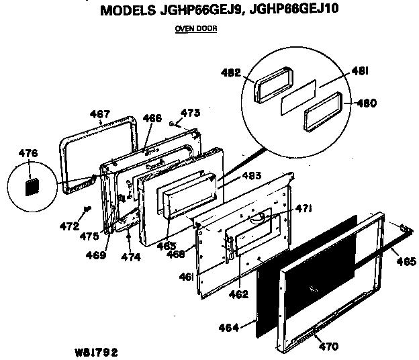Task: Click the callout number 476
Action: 28,153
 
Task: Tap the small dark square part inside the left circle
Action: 32,187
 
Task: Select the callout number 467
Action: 99,114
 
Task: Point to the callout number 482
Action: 231,73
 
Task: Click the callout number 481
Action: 360,71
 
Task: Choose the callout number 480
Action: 367,103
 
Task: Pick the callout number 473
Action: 190,113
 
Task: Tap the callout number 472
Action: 69,226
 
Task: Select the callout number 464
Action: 228,328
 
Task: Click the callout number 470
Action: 328,347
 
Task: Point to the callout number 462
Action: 238,294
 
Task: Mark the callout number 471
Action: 304,208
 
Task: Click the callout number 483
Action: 251,176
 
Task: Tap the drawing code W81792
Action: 97,353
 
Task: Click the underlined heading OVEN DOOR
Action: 196,28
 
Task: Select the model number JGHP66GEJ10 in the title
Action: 294,9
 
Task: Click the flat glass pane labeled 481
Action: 298,97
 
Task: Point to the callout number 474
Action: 131,257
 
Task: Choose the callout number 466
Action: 152,118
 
